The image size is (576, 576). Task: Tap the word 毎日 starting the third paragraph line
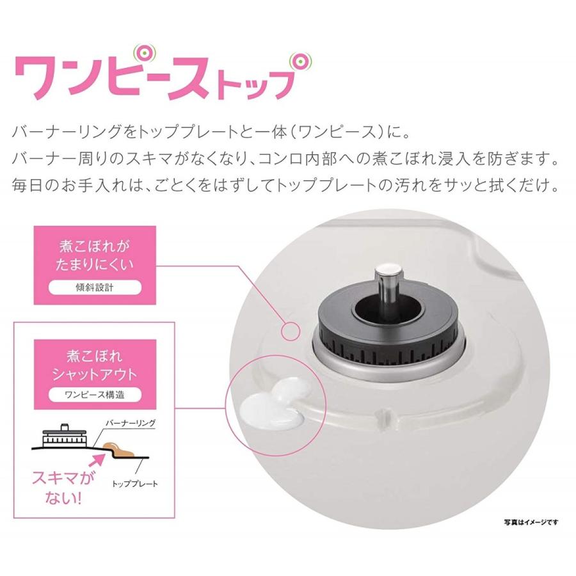coord(28,185)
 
